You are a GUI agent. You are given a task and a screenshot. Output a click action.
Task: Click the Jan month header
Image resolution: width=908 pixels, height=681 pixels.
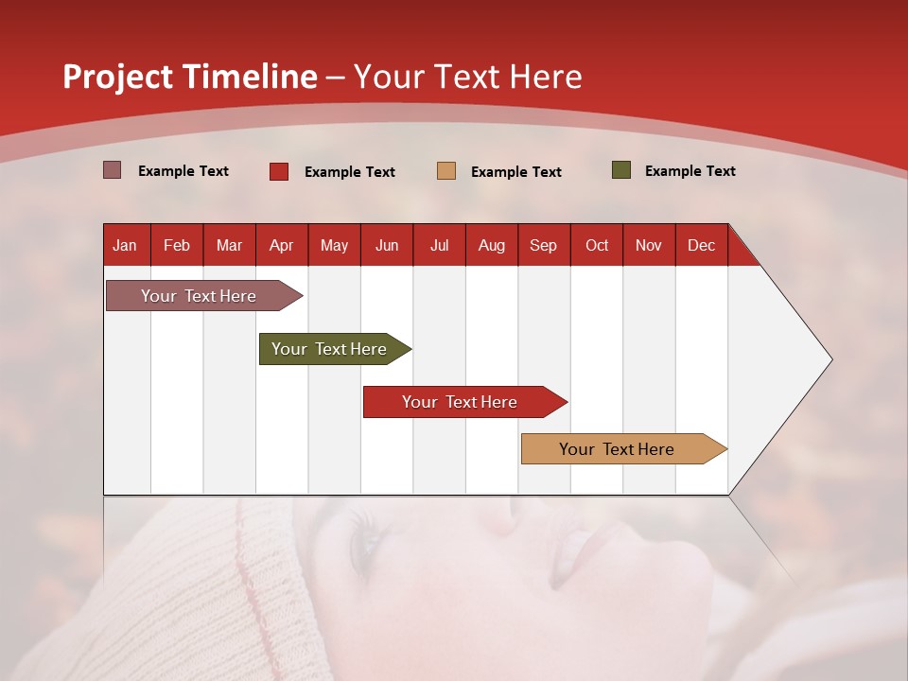click(x=126, y=245)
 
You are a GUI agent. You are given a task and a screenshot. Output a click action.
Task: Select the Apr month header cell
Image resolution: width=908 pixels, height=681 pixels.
click(x=282, y=245)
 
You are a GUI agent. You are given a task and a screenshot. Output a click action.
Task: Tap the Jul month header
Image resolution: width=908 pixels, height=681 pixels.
click(x=439, y=245)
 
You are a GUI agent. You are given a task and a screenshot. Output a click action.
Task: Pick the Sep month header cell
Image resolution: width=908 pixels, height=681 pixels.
click(x=543, y=245)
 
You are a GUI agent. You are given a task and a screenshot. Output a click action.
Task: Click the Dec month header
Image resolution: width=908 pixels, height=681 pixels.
click(x=701, y=245)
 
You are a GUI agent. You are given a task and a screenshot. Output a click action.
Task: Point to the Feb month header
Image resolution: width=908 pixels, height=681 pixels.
click(x=177, y=245)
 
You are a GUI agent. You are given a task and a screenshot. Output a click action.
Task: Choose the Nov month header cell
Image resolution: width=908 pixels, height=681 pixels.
click(x=649, y=245)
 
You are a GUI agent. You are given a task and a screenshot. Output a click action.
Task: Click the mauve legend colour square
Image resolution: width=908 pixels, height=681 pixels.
click(x=113, y=170)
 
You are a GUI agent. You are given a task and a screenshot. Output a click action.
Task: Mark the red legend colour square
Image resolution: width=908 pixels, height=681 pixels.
click(x=279, y=171)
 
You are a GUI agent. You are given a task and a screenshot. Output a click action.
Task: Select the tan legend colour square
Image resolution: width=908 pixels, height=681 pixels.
click(x=446, y=171)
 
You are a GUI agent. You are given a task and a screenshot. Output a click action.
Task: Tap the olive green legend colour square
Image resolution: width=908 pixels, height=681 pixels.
click(x=621, y=170)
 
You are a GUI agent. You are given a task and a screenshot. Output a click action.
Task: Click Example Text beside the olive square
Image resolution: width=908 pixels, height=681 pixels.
click(x=690, y=171)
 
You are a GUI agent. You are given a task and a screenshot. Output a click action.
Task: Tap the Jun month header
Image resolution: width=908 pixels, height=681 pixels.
click(x=387, y=245)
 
